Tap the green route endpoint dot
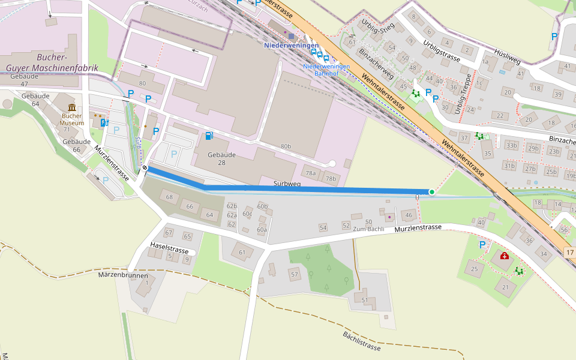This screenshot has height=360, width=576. pos(431,192)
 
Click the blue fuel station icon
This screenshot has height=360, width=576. pos(208,136)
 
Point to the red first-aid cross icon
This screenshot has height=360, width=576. pos(505,256)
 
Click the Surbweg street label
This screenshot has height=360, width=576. pos(287,184)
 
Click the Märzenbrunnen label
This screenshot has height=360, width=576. pos(122,274)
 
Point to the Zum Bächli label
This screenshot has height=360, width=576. pos(368,229)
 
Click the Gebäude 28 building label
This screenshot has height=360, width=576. pos(221,159)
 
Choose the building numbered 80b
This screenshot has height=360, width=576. pos(286,146)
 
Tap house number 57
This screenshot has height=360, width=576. pos(294,274)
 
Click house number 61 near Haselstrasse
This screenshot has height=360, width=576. pos(242,252)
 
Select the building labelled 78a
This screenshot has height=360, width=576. pos(311,173)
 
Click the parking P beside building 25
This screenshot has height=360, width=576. pos(482,245)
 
